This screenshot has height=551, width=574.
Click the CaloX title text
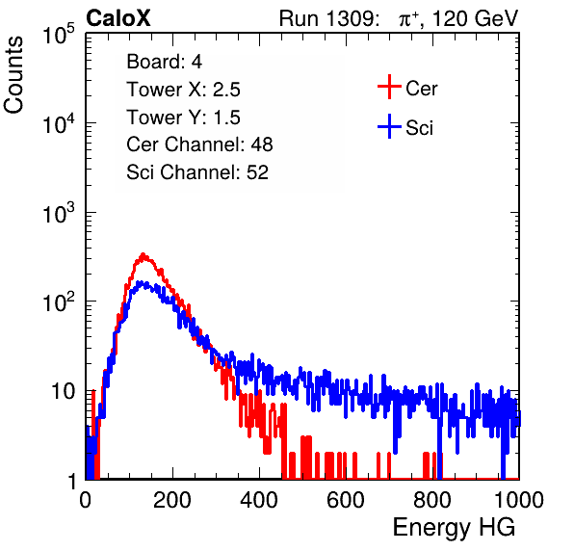118,18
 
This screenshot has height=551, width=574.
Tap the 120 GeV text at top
476,18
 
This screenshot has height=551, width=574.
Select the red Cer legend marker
389,87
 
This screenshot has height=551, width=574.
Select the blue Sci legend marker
389,127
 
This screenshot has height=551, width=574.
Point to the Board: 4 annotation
164,62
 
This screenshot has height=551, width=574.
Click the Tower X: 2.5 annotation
183,90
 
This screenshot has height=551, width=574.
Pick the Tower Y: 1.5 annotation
183,118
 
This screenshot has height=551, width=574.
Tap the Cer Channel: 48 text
199,144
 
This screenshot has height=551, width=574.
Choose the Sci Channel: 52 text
197,172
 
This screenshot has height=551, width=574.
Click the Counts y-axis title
13,75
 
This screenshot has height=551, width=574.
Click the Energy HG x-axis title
455,528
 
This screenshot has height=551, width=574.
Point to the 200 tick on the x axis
172,500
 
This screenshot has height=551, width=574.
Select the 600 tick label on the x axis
346,500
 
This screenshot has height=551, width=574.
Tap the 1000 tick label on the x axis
519,500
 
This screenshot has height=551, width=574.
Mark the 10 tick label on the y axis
64,391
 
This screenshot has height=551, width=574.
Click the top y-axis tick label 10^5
59,34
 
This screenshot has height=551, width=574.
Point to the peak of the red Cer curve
143,253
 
